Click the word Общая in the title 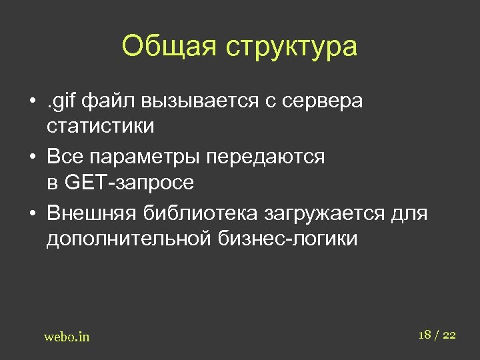coord(170,47)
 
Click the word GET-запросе coord(129,181)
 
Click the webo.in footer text coord(67,337)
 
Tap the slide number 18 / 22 coord(437,334)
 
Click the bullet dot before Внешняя coord(32,215)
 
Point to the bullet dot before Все coord(32,158)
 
